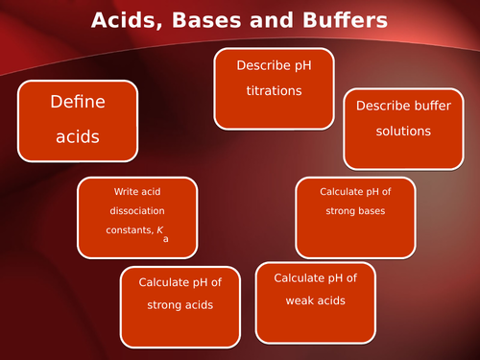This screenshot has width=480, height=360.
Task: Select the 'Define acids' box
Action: click(78, 120)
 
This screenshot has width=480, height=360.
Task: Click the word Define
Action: click(78, 101)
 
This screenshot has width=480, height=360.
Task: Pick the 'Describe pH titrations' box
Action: click(274, 88)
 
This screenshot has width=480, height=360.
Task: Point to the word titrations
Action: click(274, 92)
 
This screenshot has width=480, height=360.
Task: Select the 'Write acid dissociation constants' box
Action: click(137, 218)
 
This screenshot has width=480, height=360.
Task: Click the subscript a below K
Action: click(166, 240)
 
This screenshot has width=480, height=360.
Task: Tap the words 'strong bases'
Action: click(355, 211)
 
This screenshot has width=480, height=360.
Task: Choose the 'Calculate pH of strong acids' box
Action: click(180, 306)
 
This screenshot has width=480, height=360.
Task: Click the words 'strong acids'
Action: click(180, 305)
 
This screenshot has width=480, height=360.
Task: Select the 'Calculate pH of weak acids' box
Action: click(316, 301)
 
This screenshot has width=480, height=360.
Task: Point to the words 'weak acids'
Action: click(316, 300)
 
